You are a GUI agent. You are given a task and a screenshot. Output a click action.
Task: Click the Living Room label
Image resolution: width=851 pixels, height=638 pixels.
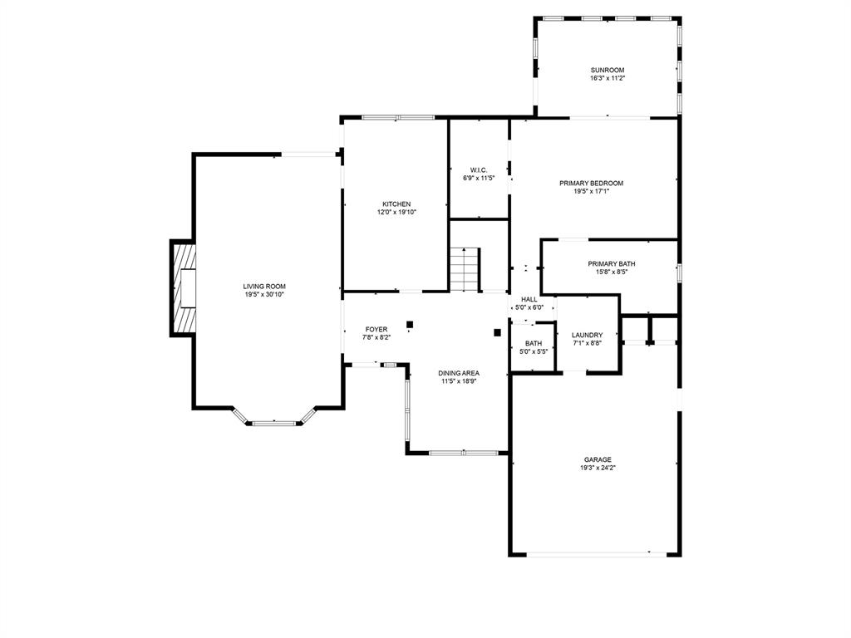click(x=264, y=287)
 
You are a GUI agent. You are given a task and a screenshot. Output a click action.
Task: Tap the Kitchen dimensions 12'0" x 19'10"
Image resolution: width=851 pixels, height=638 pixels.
click(x=396, y=213)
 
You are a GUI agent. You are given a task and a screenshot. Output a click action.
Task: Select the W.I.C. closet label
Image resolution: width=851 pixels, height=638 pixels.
click(x=479, y=170)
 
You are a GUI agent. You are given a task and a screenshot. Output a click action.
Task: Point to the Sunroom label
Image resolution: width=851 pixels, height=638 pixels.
click(x=608, y=70)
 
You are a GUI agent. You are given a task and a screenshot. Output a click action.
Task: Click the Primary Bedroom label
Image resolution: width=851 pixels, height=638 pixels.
click(x=591, y=184)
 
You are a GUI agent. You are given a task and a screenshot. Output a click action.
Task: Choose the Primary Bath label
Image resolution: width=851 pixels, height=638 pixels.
click(x=611, y=264)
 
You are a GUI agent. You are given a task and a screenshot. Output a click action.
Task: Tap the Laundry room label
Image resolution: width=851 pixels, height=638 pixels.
click(x=588, y=336)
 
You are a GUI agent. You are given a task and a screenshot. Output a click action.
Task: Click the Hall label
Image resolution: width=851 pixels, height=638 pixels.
click(x=529, y=299)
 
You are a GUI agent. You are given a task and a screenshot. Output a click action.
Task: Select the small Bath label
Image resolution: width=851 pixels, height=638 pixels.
click(x=534, y=343)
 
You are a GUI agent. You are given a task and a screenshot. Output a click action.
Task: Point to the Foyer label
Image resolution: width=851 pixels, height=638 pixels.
click(x=376, y=329)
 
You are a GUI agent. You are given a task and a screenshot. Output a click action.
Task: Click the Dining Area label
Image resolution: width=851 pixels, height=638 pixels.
click(x=459, y=373)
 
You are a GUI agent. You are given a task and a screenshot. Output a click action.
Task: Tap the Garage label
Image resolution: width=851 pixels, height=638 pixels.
click(x=598, y=460)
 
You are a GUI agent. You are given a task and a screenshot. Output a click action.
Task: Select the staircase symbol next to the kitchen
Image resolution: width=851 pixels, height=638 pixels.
click(x=465, y=269)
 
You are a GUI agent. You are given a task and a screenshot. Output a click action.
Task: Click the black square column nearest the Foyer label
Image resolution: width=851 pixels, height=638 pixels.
click(x=410, y=325)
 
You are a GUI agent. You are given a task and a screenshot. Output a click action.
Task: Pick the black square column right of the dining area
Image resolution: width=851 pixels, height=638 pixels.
click(x=497, y=332)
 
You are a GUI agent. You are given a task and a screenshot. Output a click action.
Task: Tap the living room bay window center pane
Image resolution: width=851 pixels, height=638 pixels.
click(x=274, y=422)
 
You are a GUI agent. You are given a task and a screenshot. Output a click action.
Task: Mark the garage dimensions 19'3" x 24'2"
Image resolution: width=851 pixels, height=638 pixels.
click(x=598, y=468)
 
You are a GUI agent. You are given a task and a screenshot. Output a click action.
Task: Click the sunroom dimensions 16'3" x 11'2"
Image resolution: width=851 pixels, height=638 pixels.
click(x=608, y=78)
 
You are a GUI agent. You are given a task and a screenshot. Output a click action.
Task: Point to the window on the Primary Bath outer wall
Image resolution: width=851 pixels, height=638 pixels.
click(x=679, y=272)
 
